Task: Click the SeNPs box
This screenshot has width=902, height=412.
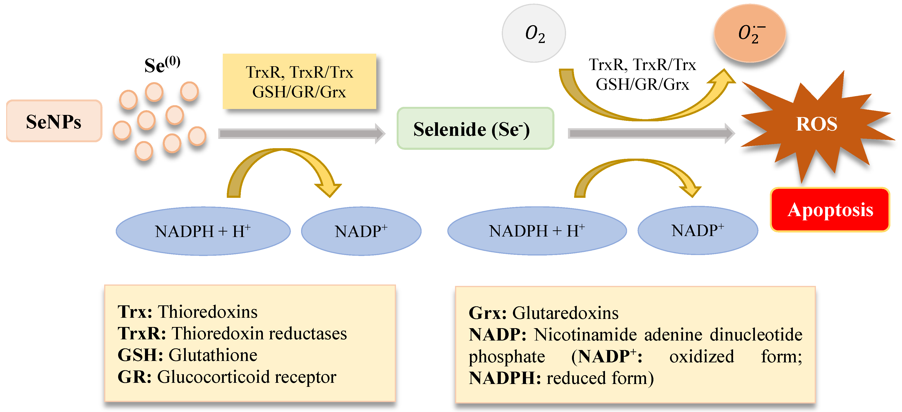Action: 54,121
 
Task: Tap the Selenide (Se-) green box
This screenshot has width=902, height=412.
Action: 475,128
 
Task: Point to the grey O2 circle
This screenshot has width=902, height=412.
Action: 533,33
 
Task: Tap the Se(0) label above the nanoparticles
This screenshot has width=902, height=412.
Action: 162,65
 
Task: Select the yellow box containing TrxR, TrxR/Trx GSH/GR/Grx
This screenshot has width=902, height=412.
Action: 299,82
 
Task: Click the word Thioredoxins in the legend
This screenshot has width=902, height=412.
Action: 207,312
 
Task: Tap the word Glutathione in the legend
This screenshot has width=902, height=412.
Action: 213,355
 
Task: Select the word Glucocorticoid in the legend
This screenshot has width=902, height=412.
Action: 213,377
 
